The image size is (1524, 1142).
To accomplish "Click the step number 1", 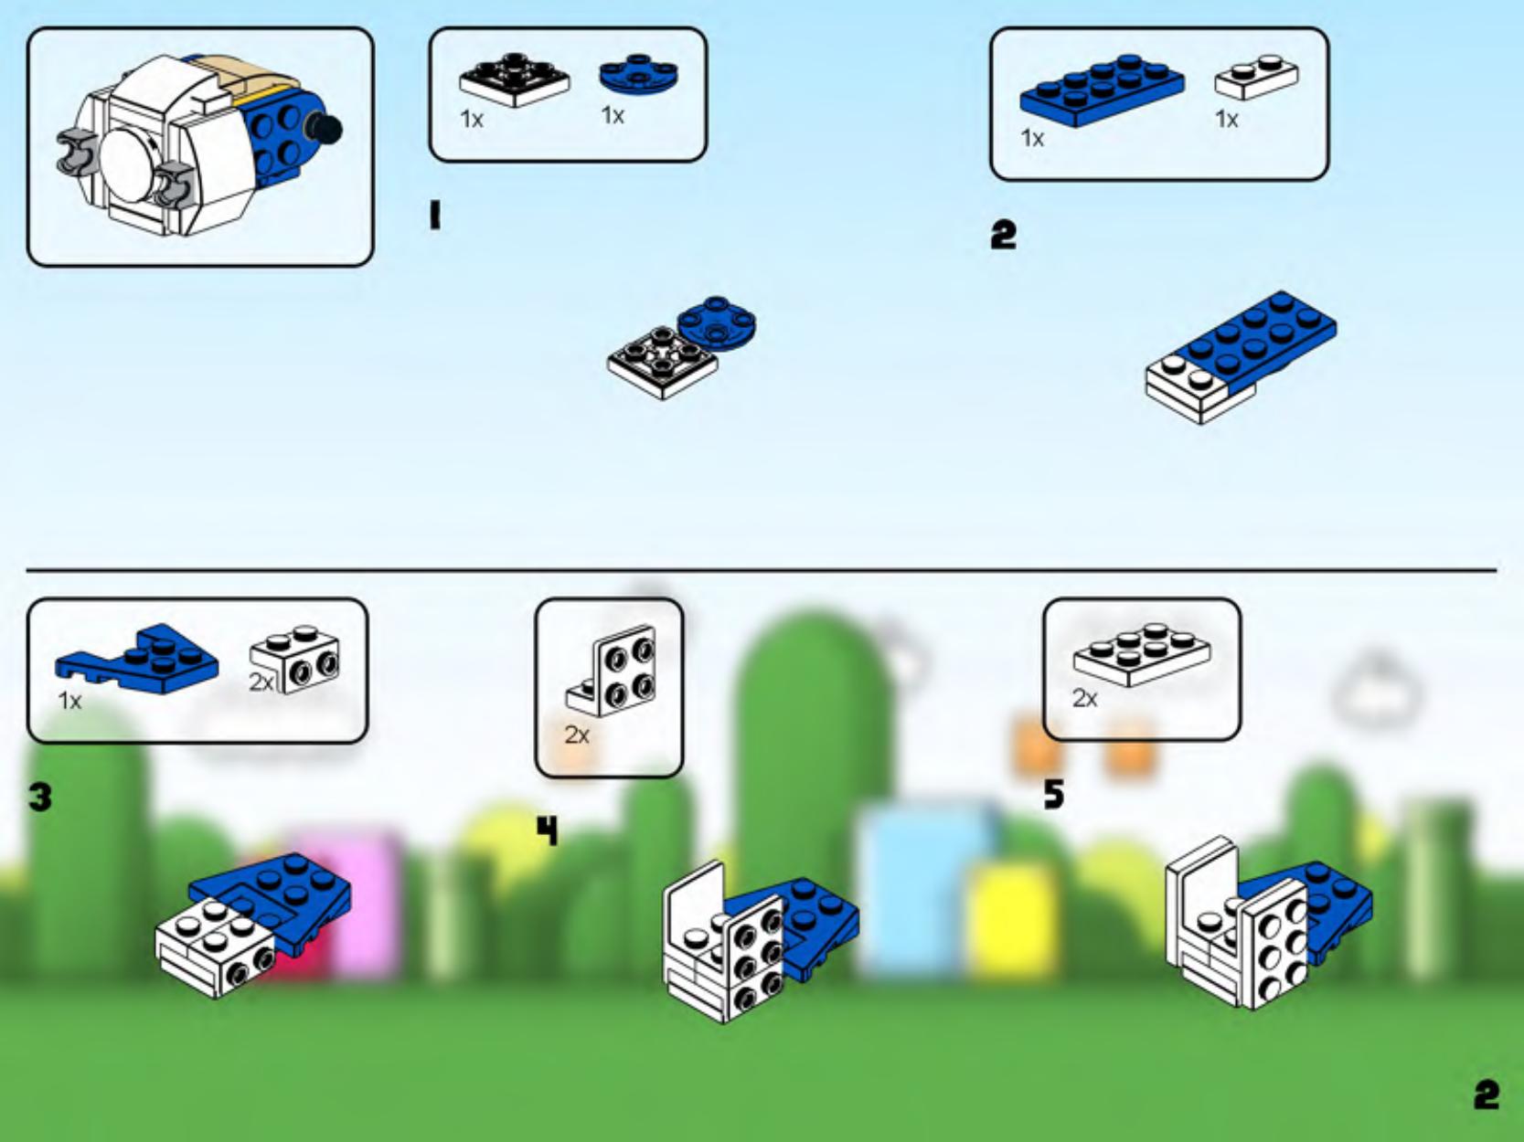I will pyautogui.click(x=435, y=217).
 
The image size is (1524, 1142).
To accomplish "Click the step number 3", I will pyautogui.click(x=40, y=798).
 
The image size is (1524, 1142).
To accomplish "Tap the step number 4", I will pyautogui.click(x=546, y=831).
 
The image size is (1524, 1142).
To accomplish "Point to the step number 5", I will pyautogui.click(x=1054, y=795).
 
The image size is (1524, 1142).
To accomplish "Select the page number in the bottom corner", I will pyautogui.click(x=1487, y=1094).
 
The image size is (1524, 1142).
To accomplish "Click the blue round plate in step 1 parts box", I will pyautogui.click(x=639, y=75).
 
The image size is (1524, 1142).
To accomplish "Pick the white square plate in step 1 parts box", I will pyautogui.click(x=514, y=79).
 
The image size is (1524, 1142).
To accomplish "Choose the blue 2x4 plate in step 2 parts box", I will pyautogui.click(x=1102, y=89).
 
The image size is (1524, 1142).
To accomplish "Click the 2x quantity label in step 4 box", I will pyautogui.click(x=577, y=735).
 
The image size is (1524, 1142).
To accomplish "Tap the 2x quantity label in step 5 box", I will pyautogui.click(x=1085, y=699).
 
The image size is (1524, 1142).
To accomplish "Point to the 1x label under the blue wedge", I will pyautogui.click(x=69, y=702).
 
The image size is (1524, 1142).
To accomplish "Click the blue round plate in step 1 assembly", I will pyautogui.click(x=718, y=322).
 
